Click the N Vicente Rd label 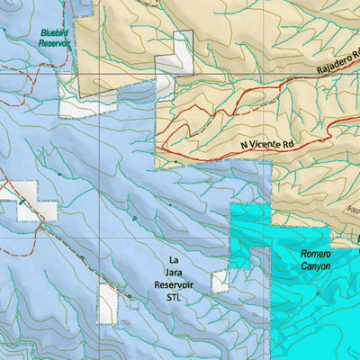point(267,143)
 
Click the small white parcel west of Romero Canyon point(220,282)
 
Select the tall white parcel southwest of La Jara point(108,304)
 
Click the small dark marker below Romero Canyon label point(317,292)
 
